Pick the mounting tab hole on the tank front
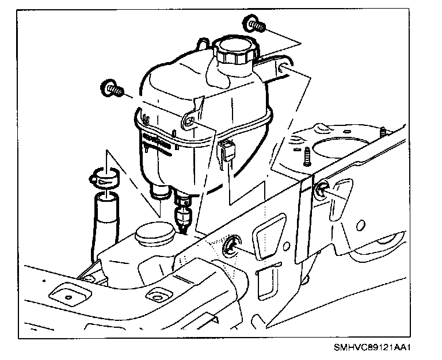coord(188,121)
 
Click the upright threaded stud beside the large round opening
coord(305,155)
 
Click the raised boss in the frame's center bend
coord(154,296)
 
